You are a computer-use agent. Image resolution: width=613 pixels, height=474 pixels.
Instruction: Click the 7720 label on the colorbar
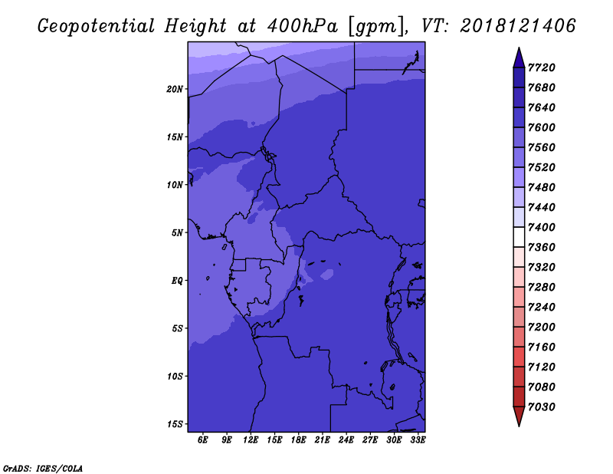[x=542, y=67]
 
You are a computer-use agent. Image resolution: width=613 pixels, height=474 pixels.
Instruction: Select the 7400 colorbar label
[x=542, y=227]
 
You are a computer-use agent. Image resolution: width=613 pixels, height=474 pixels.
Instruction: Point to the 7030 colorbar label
[x=542, y=407]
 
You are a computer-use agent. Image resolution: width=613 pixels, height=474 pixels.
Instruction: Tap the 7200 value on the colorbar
[x=542, y=328]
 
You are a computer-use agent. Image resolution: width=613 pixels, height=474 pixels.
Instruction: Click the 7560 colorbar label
[x=542, y=147]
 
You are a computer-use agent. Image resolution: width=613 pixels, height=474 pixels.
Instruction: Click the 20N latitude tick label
[x=175, y=89]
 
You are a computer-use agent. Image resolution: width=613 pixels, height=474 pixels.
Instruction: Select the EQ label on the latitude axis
[x=177, y=281]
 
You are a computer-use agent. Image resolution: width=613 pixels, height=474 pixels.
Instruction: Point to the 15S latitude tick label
[x=175, y=424]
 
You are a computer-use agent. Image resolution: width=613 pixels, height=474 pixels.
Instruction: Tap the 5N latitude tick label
[x=177, y=233]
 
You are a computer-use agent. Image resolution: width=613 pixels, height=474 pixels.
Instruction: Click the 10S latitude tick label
[x=175, y=377]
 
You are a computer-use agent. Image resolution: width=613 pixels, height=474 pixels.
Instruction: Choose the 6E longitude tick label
[x=202, y=440]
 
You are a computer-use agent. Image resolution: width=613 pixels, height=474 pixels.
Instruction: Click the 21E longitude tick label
[x=322, y=440]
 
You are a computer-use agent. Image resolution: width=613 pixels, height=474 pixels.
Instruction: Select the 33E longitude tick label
[x=418, y=440]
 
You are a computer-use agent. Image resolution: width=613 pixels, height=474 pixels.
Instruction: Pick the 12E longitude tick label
[x=251, y=440]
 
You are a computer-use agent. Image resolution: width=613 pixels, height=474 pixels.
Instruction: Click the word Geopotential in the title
[x=97, y=27]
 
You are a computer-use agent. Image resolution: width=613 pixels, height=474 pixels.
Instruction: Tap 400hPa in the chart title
[x=302, y=26]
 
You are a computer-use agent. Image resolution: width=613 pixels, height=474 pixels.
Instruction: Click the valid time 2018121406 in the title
[x=518, y=26]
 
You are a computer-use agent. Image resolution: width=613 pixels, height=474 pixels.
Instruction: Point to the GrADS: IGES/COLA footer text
[x=43, y=469]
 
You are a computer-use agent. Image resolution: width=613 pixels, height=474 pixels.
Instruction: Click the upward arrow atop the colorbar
[x=519, y=58]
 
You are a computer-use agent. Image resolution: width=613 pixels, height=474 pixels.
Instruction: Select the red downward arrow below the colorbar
[x=519, y=416]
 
